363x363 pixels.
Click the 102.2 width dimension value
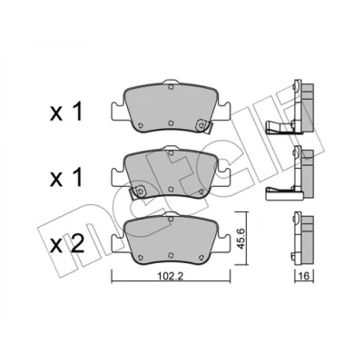tap(171, 276)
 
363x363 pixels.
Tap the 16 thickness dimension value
tap(304, 276)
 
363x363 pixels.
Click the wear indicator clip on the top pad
tap(203, 126)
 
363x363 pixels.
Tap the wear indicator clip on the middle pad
tap(138, 191)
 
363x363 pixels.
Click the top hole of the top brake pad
tap(171, 87)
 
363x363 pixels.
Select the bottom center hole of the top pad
tap(171, 123)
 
